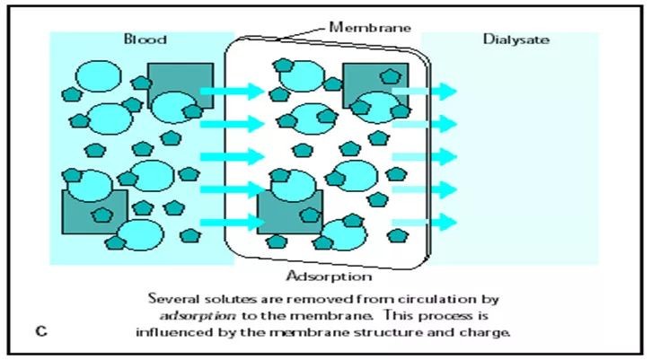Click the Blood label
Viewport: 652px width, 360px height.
(145, 40)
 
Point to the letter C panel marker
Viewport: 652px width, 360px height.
(41, 331)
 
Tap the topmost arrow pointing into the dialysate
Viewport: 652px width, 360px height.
(426, 91)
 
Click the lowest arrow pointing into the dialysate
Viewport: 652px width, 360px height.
(426, 221)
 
